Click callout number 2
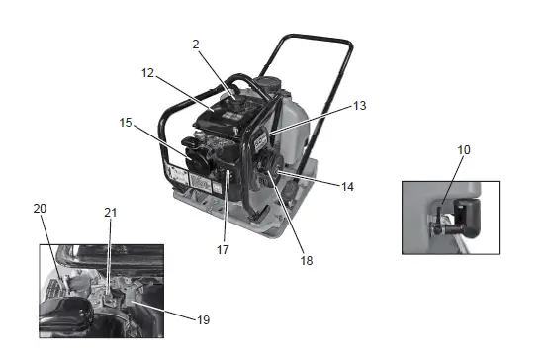coord(196,44)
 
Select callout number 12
coord(148,72)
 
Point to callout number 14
coord(347,185)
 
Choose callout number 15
coord(126,123)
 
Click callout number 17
coord(223,249)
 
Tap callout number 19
coord(203,319)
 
